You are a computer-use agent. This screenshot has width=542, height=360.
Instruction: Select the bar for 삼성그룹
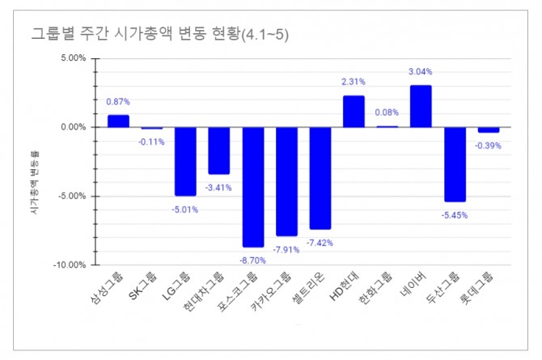(118, 121)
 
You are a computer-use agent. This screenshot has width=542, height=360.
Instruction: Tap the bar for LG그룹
(185, 161)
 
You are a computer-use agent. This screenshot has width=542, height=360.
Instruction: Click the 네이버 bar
(421, 106)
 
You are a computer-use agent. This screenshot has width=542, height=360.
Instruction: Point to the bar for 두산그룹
(455, 164)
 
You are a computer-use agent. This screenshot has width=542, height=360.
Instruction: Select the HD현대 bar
(354, 111)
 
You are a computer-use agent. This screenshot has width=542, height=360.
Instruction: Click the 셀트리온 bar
(320, 177)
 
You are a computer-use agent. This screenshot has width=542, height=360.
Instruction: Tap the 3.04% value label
(421, 72)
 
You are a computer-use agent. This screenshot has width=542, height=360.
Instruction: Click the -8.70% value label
(253, 260)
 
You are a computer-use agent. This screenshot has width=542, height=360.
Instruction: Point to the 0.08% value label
(387, 112)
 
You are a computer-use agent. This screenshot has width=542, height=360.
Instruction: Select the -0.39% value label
(489, 146)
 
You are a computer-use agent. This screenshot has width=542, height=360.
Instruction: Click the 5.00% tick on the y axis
(72, 59)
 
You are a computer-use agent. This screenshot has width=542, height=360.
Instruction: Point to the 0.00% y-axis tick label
(72, 127)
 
